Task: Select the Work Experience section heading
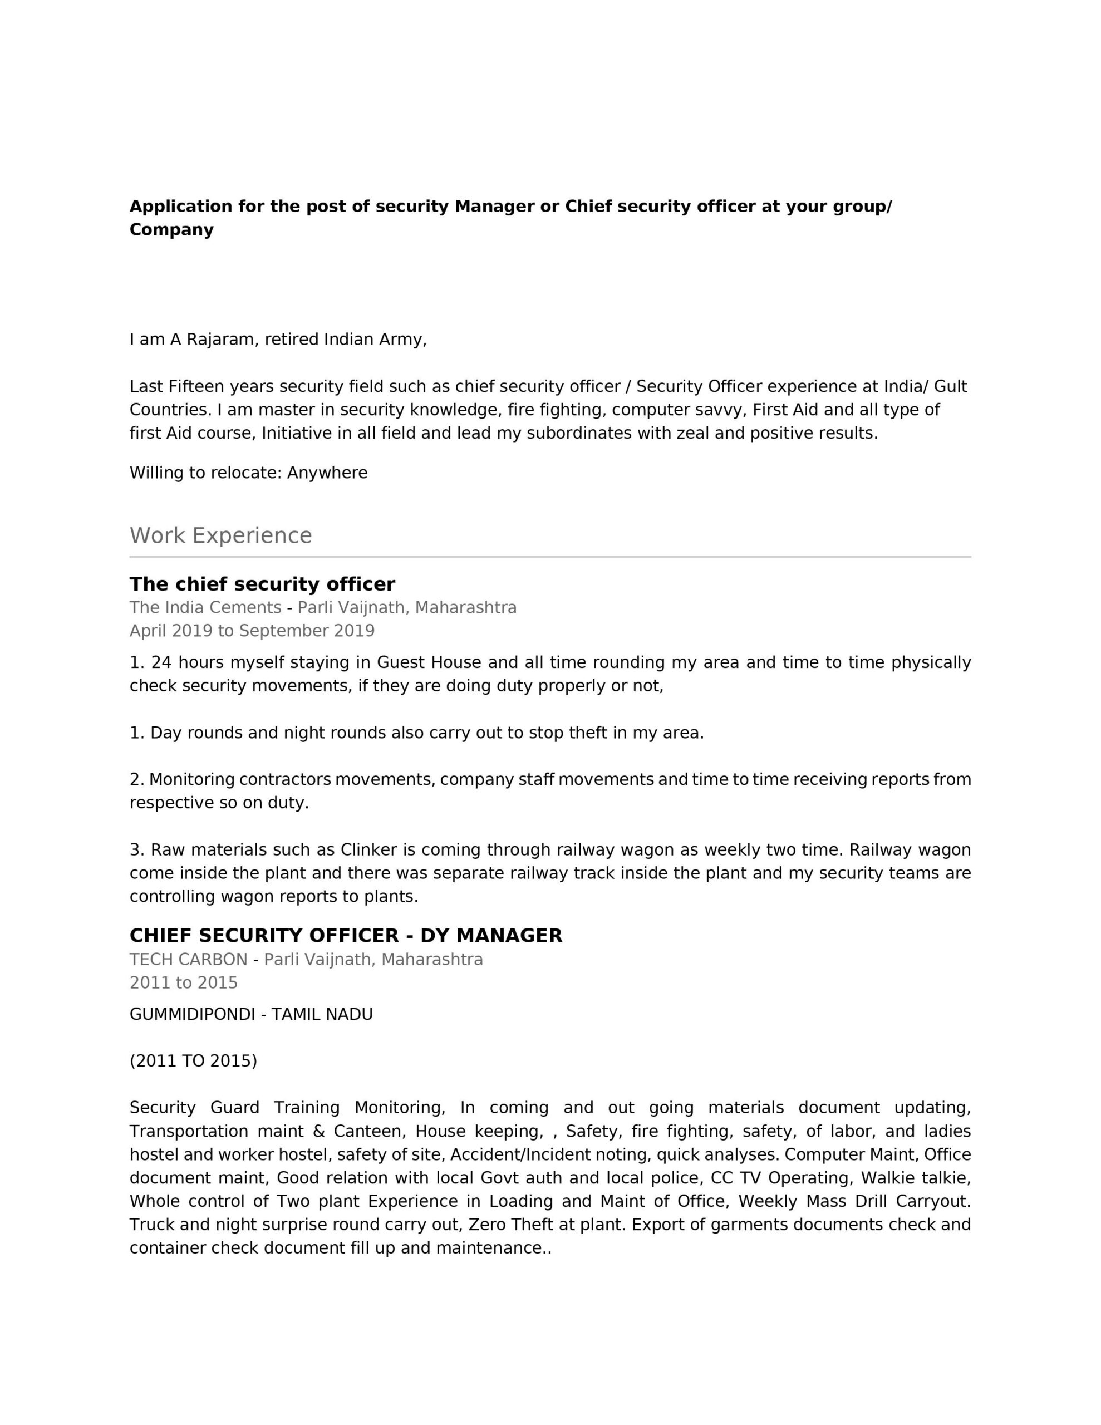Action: (220, 535)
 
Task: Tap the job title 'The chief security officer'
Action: (262, 584)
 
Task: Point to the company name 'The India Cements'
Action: (205, 607)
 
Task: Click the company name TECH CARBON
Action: (188, 960)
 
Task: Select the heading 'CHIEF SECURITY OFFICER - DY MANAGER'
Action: (345, 936)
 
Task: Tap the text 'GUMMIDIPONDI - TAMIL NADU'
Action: (250, 1015)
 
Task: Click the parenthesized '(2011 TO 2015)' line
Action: (193, 1062)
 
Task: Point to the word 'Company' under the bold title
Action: (171, 230)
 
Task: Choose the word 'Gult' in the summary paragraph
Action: (950, 387)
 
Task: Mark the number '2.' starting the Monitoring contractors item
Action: (136, 780)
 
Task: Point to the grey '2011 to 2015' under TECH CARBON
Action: (183, 983)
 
